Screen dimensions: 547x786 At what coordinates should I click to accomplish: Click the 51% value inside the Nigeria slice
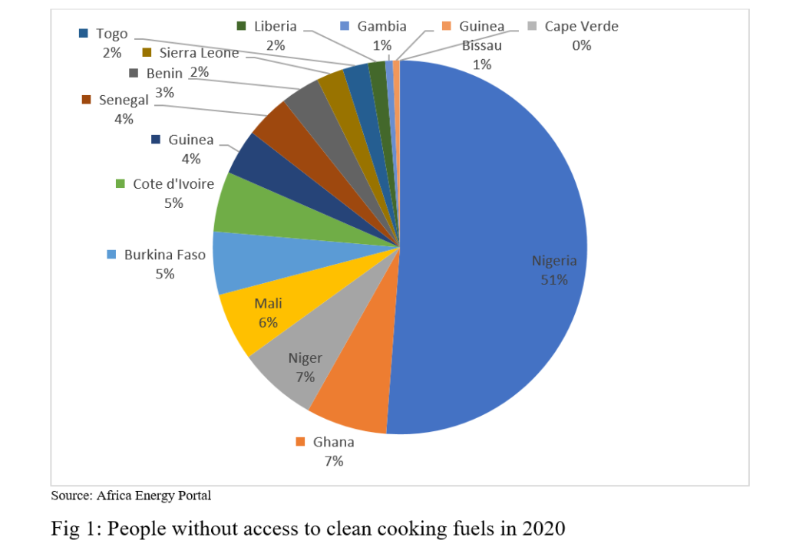554,280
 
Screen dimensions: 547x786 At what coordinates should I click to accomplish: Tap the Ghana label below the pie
334,442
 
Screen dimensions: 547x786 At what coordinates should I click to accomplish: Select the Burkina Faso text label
165,254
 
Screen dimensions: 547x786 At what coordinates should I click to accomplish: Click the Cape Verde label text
581,27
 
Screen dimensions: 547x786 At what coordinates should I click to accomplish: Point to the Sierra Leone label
199,53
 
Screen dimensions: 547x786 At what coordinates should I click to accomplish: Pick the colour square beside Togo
83,34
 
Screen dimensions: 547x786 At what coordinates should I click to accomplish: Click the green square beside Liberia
241,27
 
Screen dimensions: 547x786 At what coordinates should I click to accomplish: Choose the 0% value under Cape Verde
581,45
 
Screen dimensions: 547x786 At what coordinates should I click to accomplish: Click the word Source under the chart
71,496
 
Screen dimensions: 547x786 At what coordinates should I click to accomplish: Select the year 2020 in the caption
542,529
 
